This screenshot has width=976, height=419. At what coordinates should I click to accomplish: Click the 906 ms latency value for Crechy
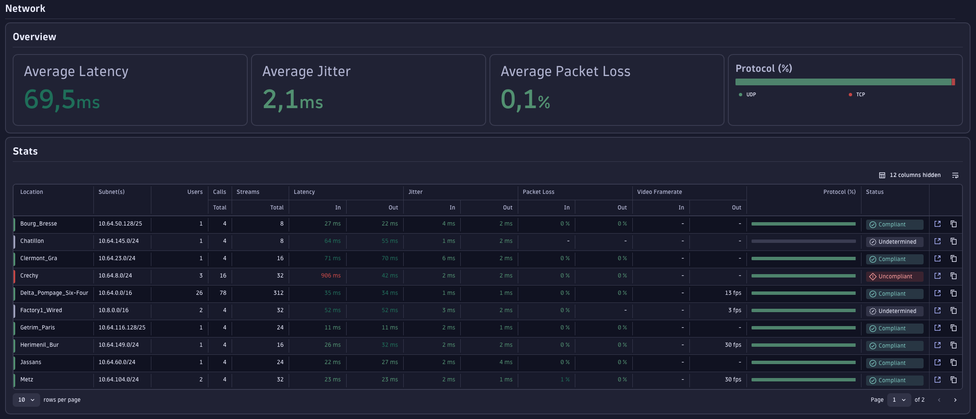(331, 276)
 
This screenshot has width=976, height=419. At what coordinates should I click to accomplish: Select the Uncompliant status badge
(894, 277)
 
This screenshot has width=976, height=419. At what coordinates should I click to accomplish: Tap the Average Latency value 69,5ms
(62, 100)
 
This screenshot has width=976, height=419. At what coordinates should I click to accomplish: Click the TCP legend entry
(859, 95)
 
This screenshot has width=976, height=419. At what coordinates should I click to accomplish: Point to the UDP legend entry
(750, 95)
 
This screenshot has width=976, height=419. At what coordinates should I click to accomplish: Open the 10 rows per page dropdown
(26, 400)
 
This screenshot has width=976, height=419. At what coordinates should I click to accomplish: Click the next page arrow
(955, 400)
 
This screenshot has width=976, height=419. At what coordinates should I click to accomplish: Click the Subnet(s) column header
(112, 192)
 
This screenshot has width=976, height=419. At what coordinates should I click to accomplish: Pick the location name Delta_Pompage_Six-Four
(54, 293)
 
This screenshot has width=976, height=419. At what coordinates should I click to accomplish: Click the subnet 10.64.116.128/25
(122, 328)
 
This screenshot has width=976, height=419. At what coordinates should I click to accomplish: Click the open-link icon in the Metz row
(938, 380)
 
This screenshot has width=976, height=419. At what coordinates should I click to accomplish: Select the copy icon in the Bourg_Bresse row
(954, 224)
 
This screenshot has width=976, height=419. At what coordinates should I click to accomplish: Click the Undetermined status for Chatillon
(894, 242)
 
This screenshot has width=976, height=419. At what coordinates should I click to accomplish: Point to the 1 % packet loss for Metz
(565, 380)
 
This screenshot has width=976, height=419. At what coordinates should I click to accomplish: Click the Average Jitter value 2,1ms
(293, 100)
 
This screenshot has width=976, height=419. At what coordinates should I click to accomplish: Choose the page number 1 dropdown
(899, 400)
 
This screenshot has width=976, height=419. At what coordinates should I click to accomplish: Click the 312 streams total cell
(278, 293)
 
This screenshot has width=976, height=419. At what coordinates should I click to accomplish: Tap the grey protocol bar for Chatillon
(803, 241)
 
